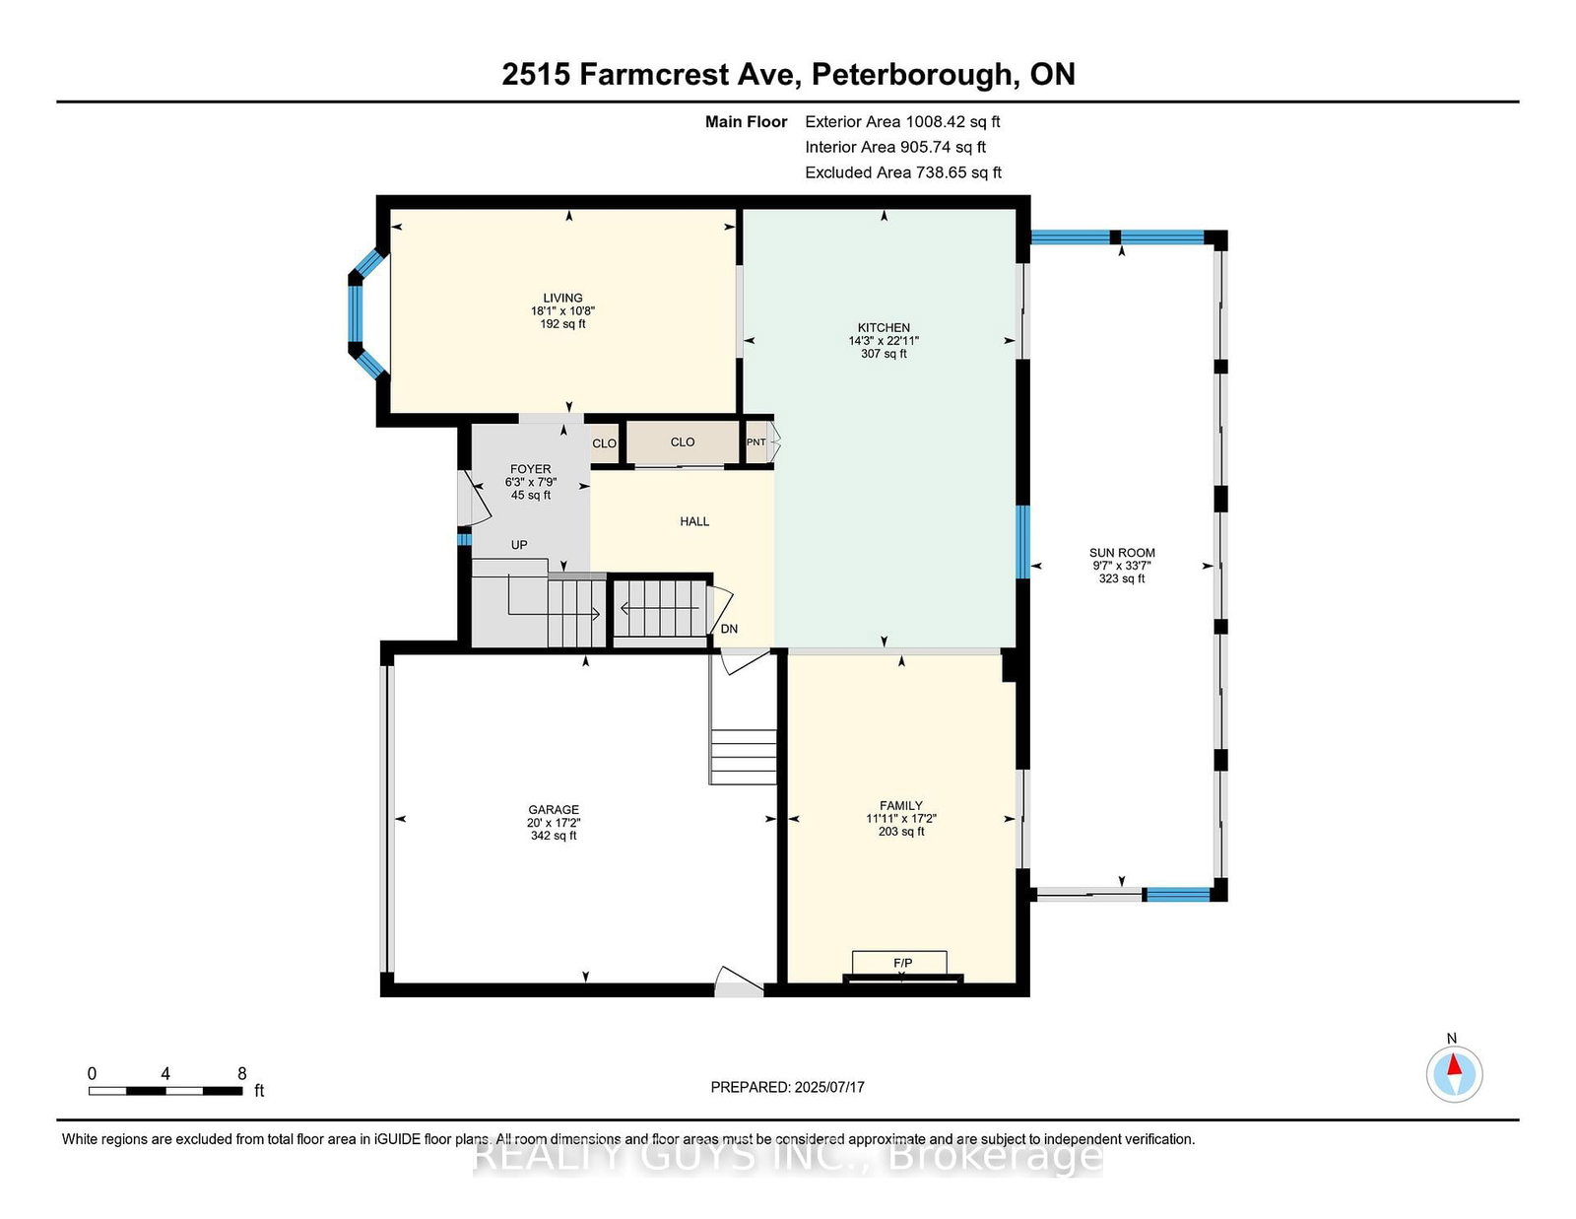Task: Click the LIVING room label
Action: tap(562, 298)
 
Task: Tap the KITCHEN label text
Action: tap(884, 328)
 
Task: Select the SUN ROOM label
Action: tap(1122, 553)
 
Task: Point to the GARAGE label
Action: tap(554, 810)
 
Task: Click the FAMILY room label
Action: tap(900, 805)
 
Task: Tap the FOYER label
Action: tap(530, 469)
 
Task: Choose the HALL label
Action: tap(694, 521)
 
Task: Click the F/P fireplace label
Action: tap(902, 963)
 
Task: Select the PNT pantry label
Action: tap(755, 441)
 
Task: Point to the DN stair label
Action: tap(729, 629)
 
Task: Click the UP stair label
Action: tap(519, 545)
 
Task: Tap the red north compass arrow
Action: tap(1454, 1064)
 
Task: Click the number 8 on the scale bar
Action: tap(242, 1074)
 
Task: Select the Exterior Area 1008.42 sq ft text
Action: tap(902, 122)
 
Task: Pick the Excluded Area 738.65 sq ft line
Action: tap(903, 172)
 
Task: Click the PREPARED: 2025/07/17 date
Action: tap(788, 1087)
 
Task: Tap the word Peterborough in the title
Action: tap(912, 75)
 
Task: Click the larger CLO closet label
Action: tap(683, 441)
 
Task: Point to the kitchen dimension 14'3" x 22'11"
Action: tap(884, 341)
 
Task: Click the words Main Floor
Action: tap(746, 122)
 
